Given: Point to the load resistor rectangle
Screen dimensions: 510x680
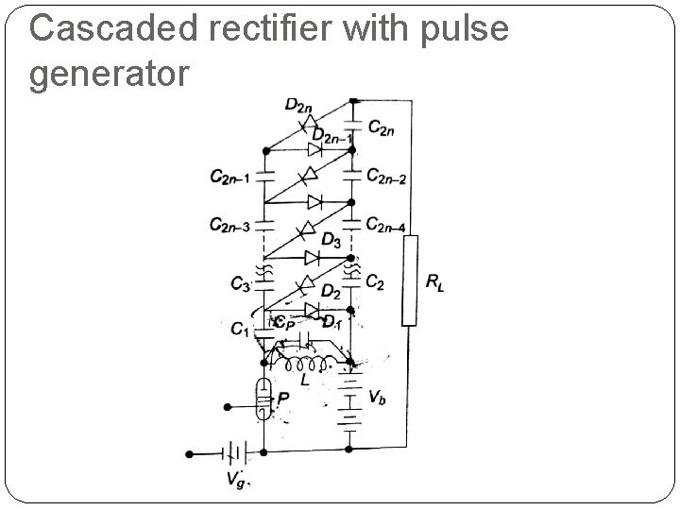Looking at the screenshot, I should point(409,280).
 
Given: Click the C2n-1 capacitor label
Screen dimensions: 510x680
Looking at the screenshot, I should point(229,176).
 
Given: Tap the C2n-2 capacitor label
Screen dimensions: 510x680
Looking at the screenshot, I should point(386,176).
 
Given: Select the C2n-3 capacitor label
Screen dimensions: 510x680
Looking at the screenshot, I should point(229,226).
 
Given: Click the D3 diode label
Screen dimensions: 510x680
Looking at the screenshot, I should point(331,242).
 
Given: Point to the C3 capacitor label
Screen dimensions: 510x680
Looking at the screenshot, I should point(240,282).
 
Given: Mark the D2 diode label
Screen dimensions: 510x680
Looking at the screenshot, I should point(331,291).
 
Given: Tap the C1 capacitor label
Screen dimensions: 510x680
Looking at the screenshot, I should point(241,328).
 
